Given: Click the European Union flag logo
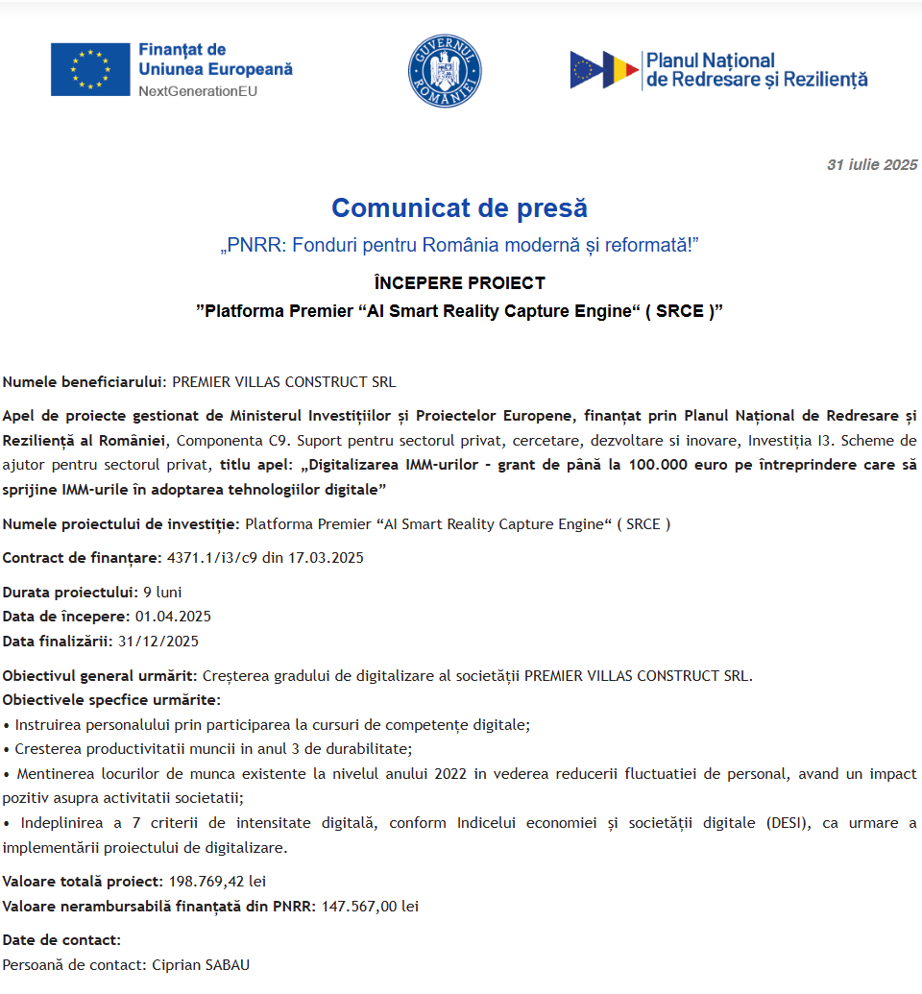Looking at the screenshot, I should click(x=90, y=69).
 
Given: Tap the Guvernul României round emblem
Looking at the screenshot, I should click(x=445, y=70).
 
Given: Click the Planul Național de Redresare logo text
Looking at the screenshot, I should click(x=756, y=70).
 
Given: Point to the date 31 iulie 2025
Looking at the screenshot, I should click(x=872, y=165).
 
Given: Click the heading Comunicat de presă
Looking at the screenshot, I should click(x=459, y=207).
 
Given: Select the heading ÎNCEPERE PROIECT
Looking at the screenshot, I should click(x=459, y=283).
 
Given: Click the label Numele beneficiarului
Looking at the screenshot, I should click(x=85, y=381).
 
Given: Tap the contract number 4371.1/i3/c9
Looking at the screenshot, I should click(x=212, y=557).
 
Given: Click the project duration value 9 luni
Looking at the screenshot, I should click(x=162, y=592).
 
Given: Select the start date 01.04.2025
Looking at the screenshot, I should click(x=173, y=616).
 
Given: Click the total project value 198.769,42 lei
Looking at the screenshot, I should click(x=217, y=881).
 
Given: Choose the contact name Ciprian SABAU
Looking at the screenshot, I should click(x=201, y=964).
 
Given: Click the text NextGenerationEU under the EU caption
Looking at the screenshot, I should click(x=198, y=91).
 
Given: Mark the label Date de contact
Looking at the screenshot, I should click(x=61, y=939).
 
